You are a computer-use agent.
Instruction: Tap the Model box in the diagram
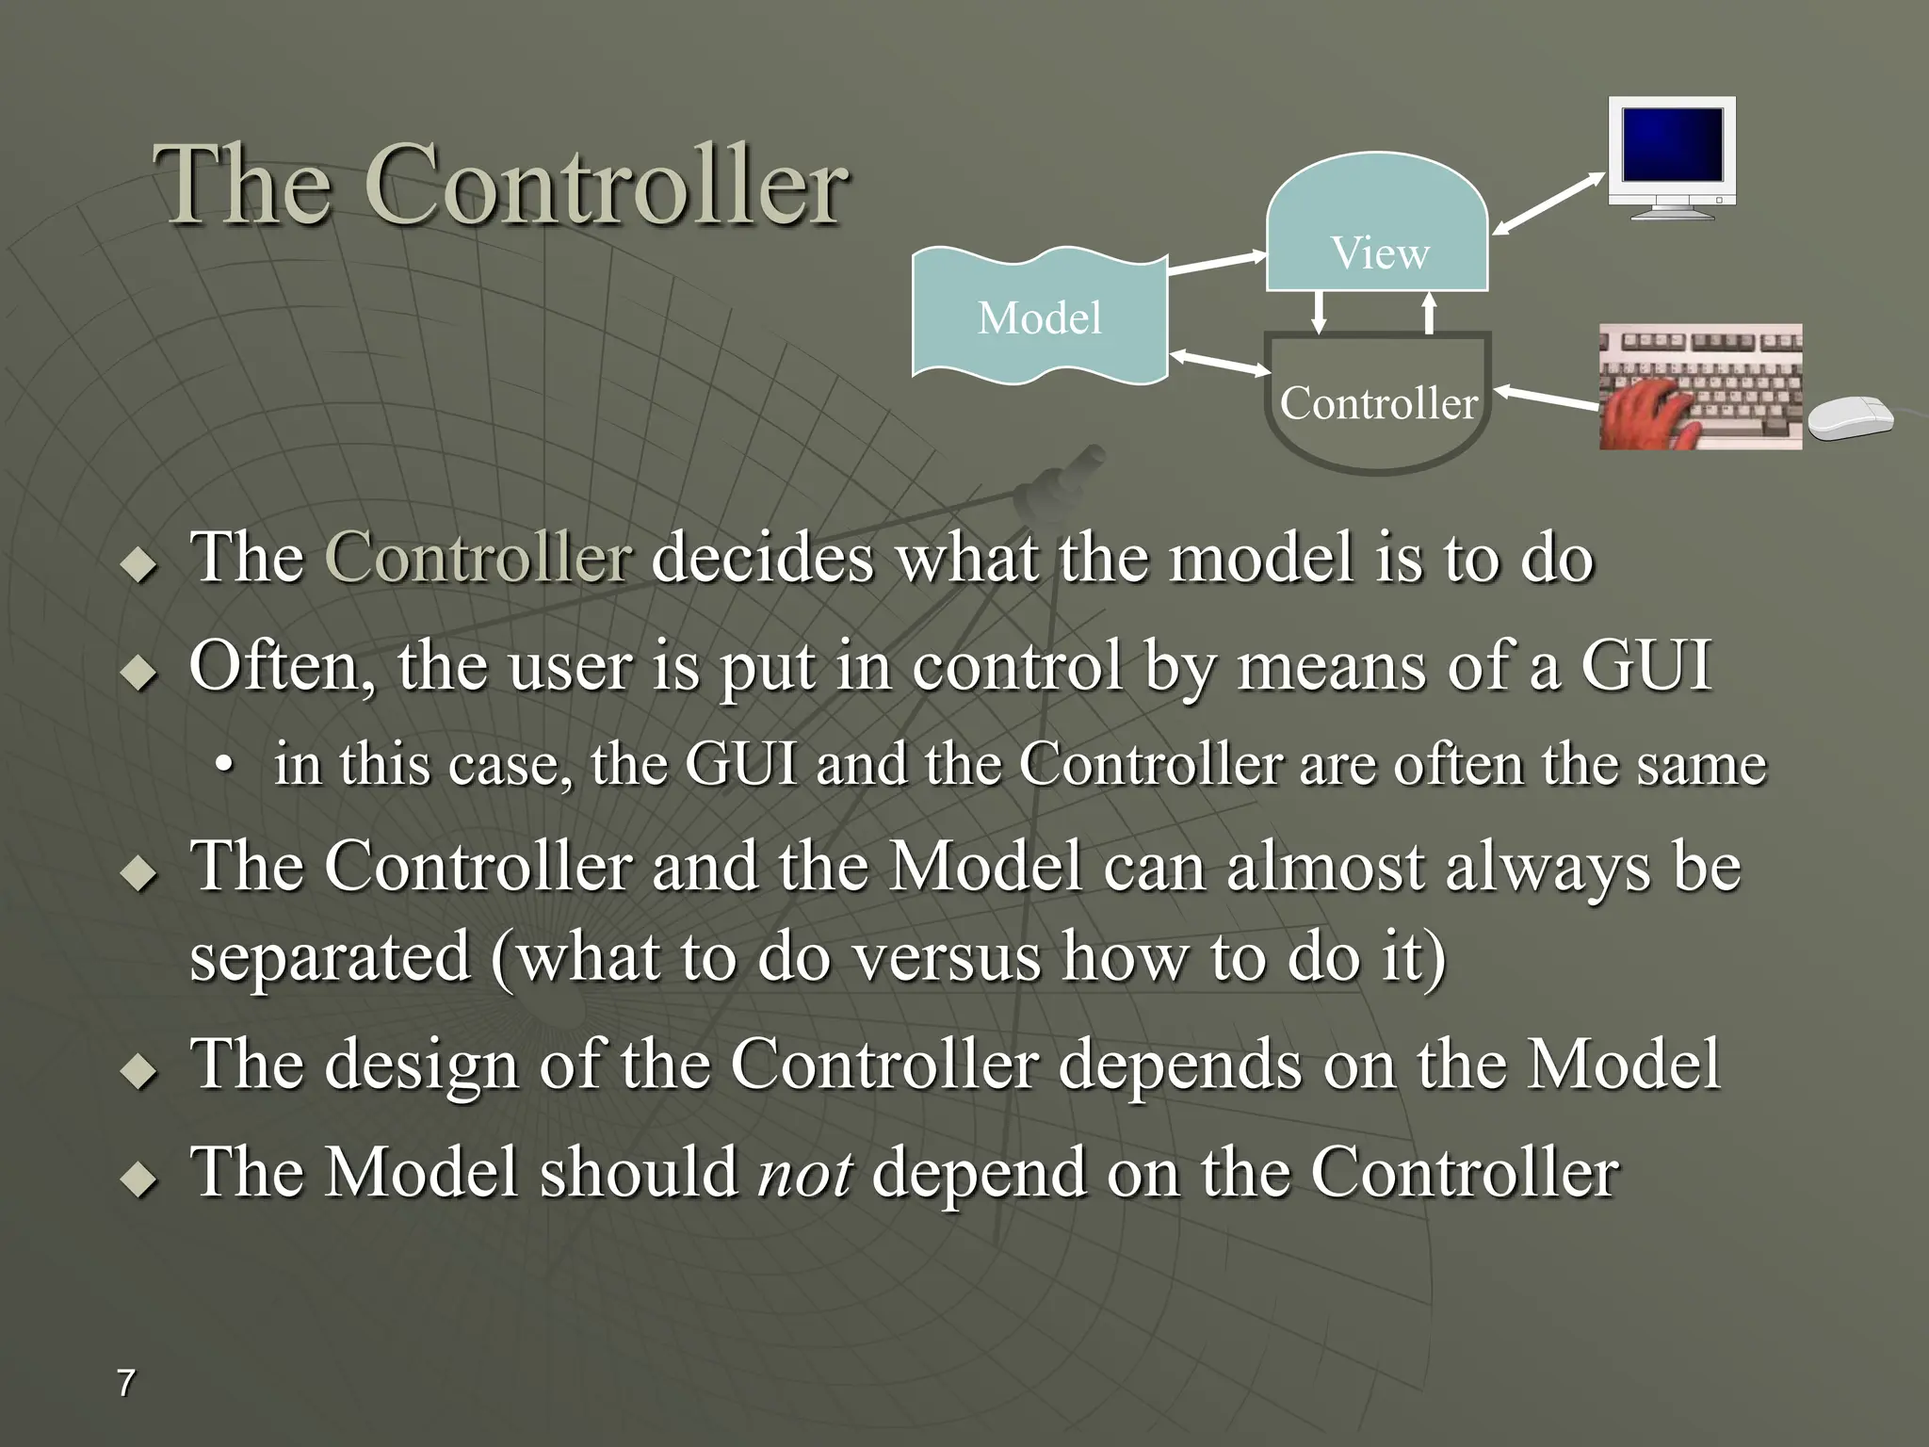(1039, 317)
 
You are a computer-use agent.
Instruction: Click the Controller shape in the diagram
(1378, 405)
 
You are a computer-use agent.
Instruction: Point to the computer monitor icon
(1672, 155)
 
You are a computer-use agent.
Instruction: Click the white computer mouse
(1851, 417)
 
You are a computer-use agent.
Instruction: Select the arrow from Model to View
(1217, 263)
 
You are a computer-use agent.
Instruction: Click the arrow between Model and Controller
(1220, 363)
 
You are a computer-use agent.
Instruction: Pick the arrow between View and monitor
(1549, 203)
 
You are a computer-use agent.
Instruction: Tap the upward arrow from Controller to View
(1429, 313)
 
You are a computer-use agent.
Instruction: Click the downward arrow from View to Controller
(1320, 313)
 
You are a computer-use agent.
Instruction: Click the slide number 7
(125, 1383)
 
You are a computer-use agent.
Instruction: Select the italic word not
(805, 1174)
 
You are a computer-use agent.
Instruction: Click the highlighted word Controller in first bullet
(478, 558)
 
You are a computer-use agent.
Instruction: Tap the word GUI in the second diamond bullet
(1645, 666)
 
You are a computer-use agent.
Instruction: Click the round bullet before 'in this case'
(222, 765)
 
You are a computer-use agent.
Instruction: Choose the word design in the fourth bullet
(422, 1065)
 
